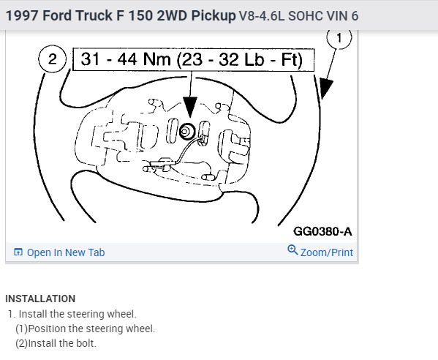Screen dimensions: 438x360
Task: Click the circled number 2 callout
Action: [52, 59]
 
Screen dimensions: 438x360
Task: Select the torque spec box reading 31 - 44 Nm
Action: [193, 59]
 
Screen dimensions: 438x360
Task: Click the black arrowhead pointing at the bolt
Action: [190, 107]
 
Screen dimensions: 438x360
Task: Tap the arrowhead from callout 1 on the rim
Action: [325, 88]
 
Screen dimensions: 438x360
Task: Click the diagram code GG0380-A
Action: [322, 231]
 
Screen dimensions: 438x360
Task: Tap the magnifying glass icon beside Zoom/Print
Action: [292, 250]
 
